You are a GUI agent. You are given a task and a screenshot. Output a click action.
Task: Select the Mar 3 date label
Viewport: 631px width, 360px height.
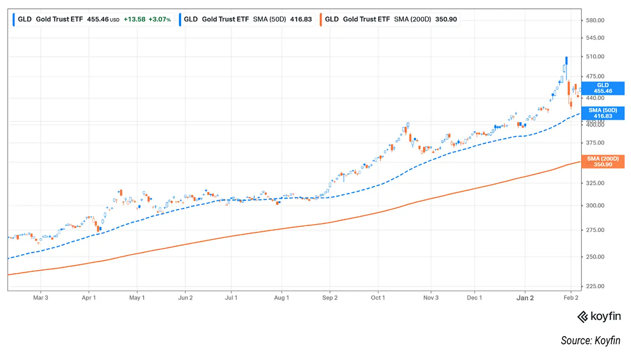41,298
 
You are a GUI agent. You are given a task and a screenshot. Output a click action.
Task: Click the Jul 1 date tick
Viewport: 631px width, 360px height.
231,298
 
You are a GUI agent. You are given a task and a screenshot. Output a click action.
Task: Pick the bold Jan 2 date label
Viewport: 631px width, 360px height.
525,298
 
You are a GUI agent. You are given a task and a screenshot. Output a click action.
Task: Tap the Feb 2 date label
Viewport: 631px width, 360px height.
571,298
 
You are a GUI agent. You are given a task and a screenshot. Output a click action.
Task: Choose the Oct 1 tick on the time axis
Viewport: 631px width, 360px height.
378,298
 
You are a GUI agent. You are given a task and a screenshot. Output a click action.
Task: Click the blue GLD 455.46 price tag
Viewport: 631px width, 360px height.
603,88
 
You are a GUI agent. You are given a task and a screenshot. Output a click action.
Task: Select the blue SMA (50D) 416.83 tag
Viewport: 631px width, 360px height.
603,113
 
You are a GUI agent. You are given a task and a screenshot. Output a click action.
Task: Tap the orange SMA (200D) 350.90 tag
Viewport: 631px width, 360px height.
603,162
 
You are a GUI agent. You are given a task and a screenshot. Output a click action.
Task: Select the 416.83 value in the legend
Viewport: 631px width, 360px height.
302,19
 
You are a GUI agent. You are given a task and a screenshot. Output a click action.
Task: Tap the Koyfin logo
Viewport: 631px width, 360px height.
599,317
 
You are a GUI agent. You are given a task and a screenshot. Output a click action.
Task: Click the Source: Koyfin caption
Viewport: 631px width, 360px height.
590,341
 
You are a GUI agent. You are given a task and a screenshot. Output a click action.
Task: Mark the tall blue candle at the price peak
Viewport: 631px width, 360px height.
566,60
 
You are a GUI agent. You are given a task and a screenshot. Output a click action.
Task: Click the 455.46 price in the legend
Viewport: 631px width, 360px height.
97,19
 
